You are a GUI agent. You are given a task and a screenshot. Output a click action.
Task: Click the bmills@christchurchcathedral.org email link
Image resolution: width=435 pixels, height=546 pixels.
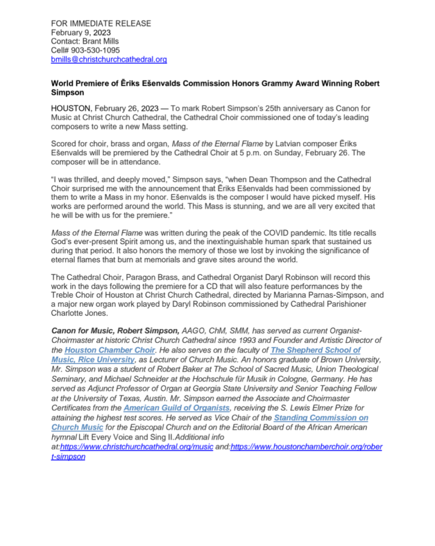point(109,60)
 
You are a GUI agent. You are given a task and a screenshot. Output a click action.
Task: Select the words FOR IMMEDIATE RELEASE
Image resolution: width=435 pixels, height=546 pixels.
point(101,23)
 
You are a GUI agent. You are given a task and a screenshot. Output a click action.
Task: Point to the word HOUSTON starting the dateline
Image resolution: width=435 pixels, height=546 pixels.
point(72,107)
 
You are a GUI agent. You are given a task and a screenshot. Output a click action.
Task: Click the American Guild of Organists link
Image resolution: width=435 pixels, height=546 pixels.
point(176,408)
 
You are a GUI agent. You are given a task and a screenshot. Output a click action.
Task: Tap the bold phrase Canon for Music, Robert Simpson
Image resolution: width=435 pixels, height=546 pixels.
point(115,331)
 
